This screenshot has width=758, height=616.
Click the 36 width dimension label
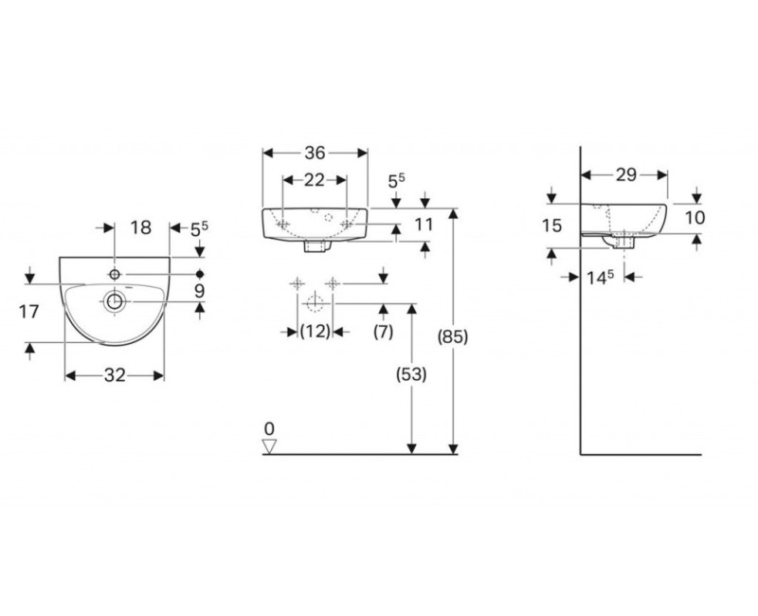tap(315, 154)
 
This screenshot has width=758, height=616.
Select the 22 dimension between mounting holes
tap(315, 180)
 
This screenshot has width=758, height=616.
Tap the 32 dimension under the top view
tap(115, 375)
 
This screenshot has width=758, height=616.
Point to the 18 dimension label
tap(140, 227)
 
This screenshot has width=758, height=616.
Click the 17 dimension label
tap(28, 312)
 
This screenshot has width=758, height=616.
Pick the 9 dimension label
tap(199, 291)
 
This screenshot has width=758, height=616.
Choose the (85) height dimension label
tap(453, 336)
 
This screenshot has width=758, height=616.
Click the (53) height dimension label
tap(411, 373)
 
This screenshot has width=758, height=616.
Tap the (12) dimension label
tap(316, 332)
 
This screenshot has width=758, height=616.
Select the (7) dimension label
tap(384, 332)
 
